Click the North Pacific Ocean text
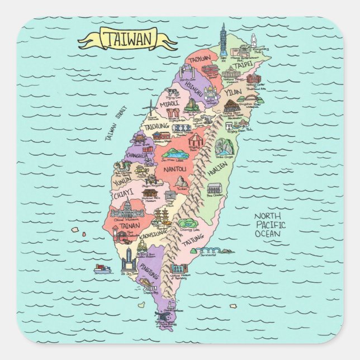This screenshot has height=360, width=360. click(x=268, y=225)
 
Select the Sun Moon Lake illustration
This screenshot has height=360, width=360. click(x=175, y=153)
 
